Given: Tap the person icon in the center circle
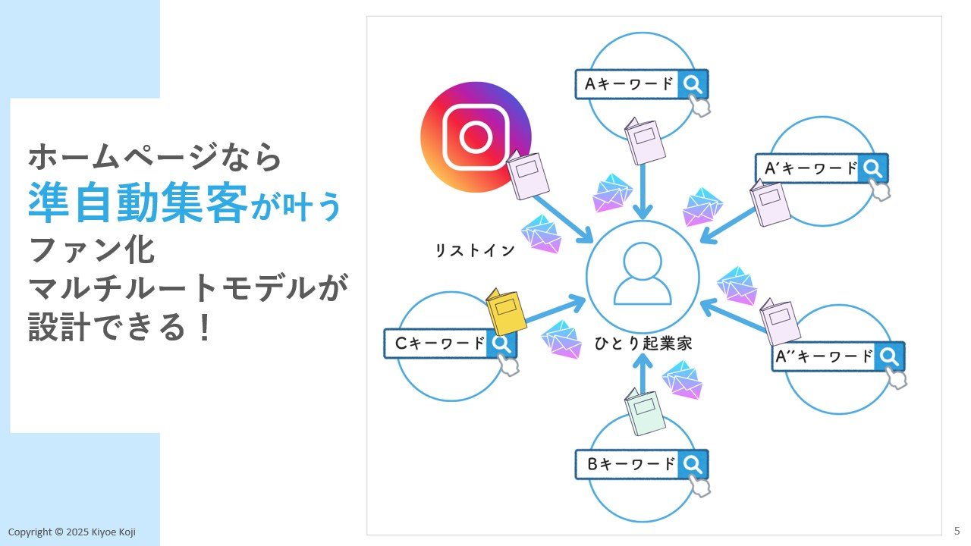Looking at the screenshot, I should coord(643,275).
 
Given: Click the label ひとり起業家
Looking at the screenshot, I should coord(643,344).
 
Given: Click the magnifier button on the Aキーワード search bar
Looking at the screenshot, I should coord(692,84).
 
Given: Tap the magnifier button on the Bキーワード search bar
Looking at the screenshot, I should coord(692,464).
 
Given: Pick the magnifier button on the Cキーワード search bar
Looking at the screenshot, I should coord(501,343).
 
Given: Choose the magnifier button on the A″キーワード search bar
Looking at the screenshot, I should coord(889,356).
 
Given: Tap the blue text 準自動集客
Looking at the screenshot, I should coord(137,203).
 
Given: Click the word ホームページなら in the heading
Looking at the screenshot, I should coord(155,157).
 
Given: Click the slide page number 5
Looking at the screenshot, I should coord(957,530).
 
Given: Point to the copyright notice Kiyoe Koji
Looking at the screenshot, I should coord(72,532).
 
